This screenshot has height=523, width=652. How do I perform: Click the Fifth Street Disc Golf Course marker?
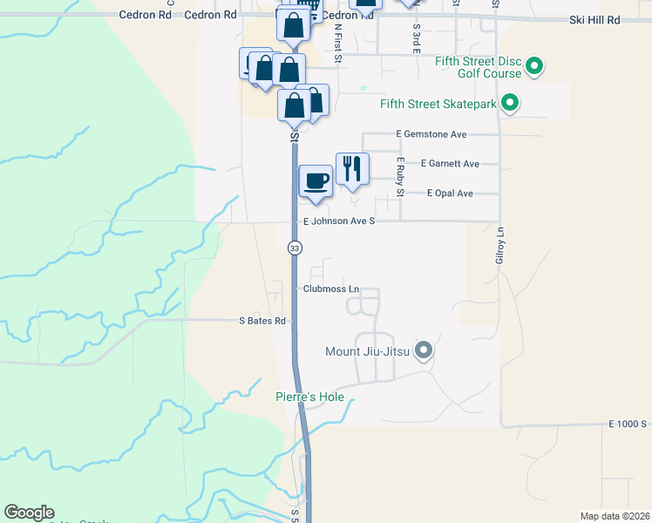click(535, 66)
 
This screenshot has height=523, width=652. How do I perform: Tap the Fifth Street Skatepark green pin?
click(511, 105)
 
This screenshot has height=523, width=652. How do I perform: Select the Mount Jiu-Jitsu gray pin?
click(424, 351)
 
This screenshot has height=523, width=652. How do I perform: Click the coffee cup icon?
click(316, 180)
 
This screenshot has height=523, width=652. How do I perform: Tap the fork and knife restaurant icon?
click(352, 168)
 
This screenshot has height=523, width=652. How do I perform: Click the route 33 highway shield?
click(295, 248)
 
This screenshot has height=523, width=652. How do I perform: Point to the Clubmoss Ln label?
click(331, 289)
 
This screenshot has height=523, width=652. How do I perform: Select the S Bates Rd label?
click(262, 321)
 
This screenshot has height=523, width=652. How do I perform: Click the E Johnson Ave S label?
click(338, 221)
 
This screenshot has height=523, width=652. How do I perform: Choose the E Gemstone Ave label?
click(431, 134)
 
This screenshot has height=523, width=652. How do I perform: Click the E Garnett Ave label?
click(450, 163)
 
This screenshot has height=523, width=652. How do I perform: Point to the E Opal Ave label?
click(450, 193)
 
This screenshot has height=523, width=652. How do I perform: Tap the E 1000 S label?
click(627, 424)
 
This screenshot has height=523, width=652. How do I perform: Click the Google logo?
click(29, 513)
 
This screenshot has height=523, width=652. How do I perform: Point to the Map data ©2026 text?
click(615, 516)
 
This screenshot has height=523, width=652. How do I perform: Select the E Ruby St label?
click(400, 176)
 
